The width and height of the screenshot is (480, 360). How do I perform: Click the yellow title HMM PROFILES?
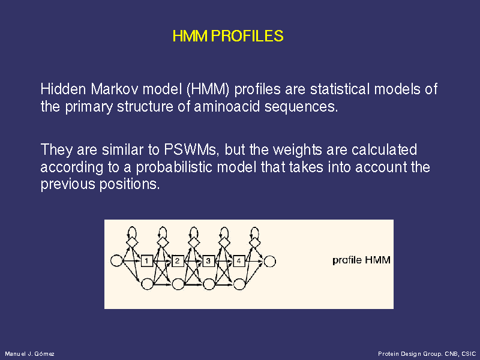[x=228, y=36]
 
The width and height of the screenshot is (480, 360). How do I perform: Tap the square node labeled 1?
[x=146, y=261]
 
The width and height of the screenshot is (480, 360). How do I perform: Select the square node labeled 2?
[x=177, y=261]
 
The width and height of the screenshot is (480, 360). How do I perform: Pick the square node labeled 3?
[x=208, y=261]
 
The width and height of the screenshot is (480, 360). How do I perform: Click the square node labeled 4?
[x=239, y=261]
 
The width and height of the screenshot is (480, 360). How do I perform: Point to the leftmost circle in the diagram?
[x=116, y=261]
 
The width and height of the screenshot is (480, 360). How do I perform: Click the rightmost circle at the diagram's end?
[x=269, y=262]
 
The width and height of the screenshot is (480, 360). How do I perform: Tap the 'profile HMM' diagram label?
[x=361, y=260]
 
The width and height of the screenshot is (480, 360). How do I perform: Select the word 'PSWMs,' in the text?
[x=192, y=149]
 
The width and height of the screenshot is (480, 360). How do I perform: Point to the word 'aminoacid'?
[x=227, y=107]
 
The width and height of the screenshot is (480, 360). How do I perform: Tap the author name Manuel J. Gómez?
[x=29, y=354]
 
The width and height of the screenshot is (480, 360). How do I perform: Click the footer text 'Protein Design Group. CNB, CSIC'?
[x=427, y=354]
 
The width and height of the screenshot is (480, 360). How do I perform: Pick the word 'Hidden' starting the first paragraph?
[x=64, y=89]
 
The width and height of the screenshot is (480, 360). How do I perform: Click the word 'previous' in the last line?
[x=68, y=185]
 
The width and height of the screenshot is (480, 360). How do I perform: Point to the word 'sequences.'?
[x=301, y=107]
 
